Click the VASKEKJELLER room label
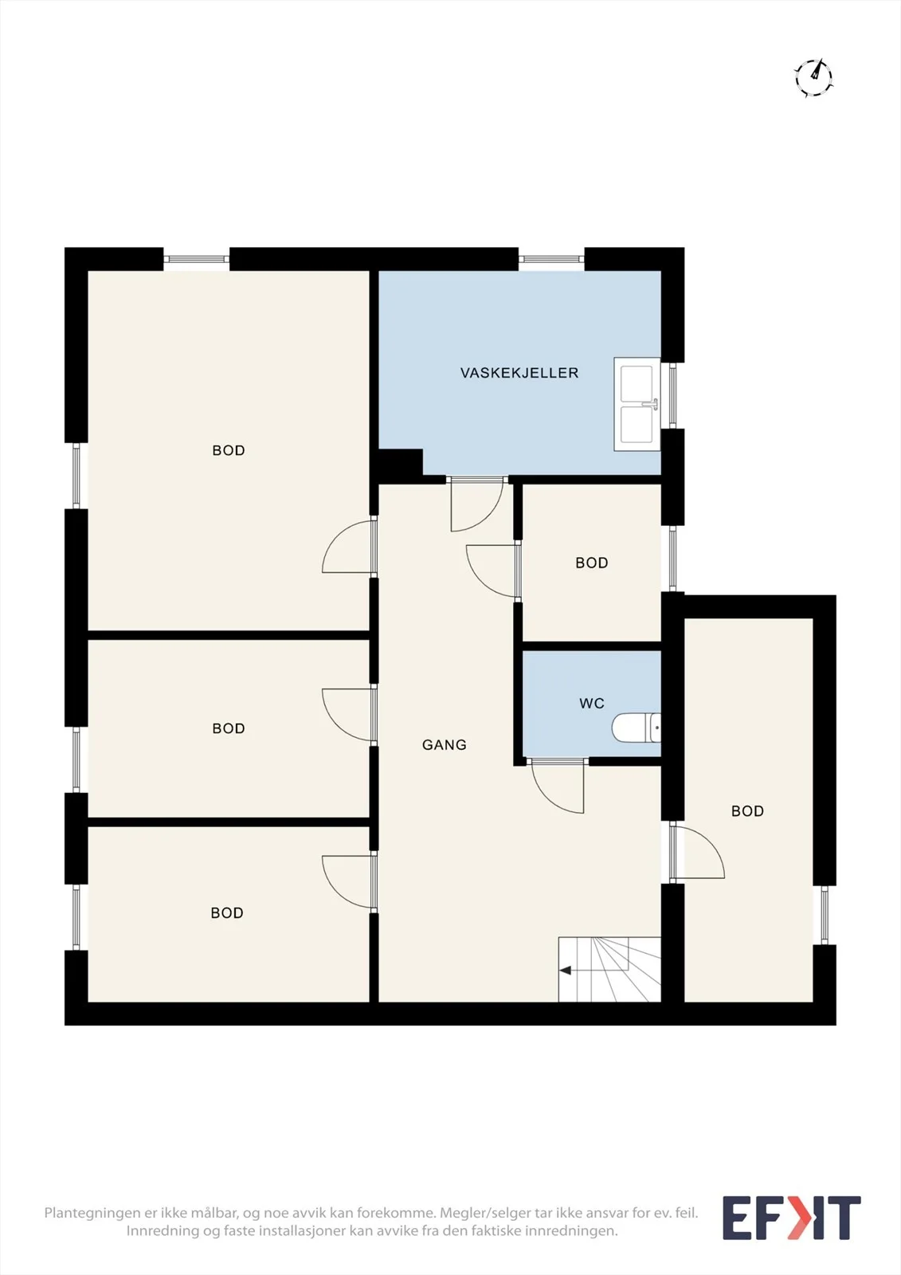(x=519, y=373)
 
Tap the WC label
(x=591, y=704)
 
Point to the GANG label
(x=444, y=744)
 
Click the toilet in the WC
(x=637, y=728)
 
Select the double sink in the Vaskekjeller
(x=637, y=404)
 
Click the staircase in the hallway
(x=609, y=969)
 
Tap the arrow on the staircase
(x=593, y=971)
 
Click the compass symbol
(x=813, y=76)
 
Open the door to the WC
(x=558, y=786)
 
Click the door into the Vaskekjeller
(x=477, y=504)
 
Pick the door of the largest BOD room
(x=349, y=547)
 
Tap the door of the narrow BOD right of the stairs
(x=697, y=852)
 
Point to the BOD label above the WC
(x=591, y=563)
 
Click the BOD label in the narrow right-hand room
(x=747, y=811)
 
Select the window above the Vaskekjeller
(x=551, y=260)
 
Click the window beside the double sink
(x=672, y=395)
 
